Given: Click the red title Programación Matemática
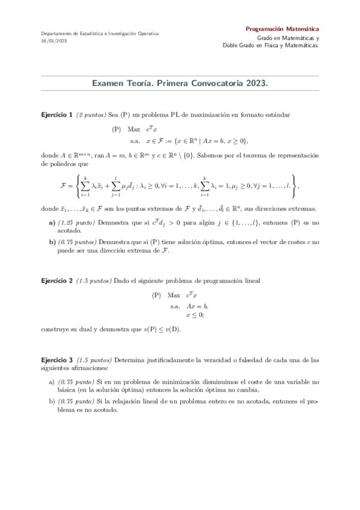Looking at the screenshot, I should [x=282, y=29].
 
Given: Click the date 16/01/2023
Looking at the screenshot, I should [x=53, y=41].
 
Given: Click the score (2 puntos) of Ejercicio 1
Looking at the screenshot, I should [x=91, y=114].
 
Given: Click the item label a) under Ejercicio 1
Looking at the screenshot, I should [x=52, y=222].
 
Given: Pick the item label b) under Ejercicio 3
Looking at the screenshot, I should [x=51, y=401].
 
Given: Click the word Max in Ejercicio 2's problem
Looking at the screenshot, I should [x=174, y=295].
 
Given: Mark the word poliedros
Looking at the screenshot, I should [x=55, y=163].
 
